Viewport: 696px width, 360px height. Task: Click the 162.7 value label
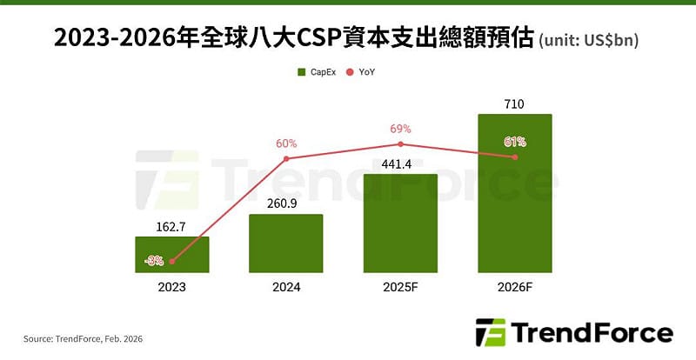[171, 226]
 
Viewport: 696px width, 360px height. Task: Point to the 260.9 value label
[285, 203]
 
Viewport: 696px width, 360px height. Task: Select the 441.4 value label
[400, 164]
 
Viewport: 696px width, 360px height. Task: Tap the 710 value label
[515, 104]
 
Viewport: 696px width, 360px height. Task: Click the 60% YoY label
[285, 143]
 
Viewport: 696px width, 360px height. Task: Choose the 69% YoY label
[400, 129]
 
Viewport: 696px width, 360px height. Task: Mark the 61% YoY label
[515, 142]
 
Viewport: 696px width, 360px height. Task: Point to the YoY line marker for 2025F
[400, 144]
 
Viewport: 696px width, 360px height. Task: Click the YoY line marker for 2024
[285, 159]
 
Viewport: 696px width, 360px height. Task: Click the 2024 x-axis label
[285, 285]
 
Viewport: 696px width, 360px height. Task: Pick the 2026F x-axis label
[515, 285]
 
